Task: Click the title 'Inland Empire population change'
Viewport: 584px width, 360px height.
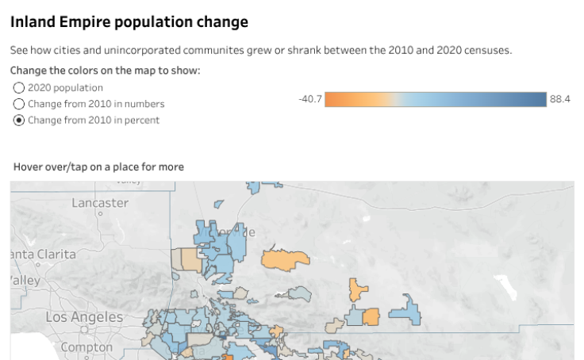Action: point(129,22)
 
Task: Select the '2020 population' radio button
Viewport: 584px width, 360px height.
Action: point(19,88)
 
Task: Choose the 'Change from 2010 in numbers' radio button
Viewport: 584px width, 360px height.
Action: point(19,104)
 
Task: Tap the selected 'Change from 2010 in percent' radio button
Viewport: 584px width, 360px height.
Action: point(19,121)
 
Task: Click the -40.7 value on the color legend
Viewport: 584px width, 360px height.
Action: point(309,99)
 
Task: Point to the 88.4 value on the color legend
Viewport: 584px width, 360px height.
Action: point(560,99)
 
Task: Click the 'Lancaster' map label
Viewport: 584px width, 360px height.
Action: point(100,203)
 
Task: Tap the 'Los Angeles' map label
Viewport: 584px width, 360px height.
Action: point(85,317)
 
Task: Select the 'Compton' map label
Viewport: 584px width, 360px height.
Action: point(86,347)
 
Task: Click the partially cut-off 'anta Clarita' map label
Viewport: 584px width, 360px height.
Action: point(44,255)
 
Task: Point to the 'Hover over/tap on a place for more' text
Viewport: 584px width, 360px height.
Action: point(98,167)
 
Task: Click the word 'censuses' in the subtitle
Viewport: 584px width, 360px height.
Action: point(485,50)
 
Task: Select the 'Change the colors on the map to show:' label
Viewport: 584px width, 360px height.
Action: point(105,71)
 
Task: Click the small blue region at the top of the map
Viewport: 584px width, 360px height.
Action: point(254,188)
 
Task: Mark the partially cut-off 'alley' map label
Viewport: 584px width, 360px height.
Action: point(25,281)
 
